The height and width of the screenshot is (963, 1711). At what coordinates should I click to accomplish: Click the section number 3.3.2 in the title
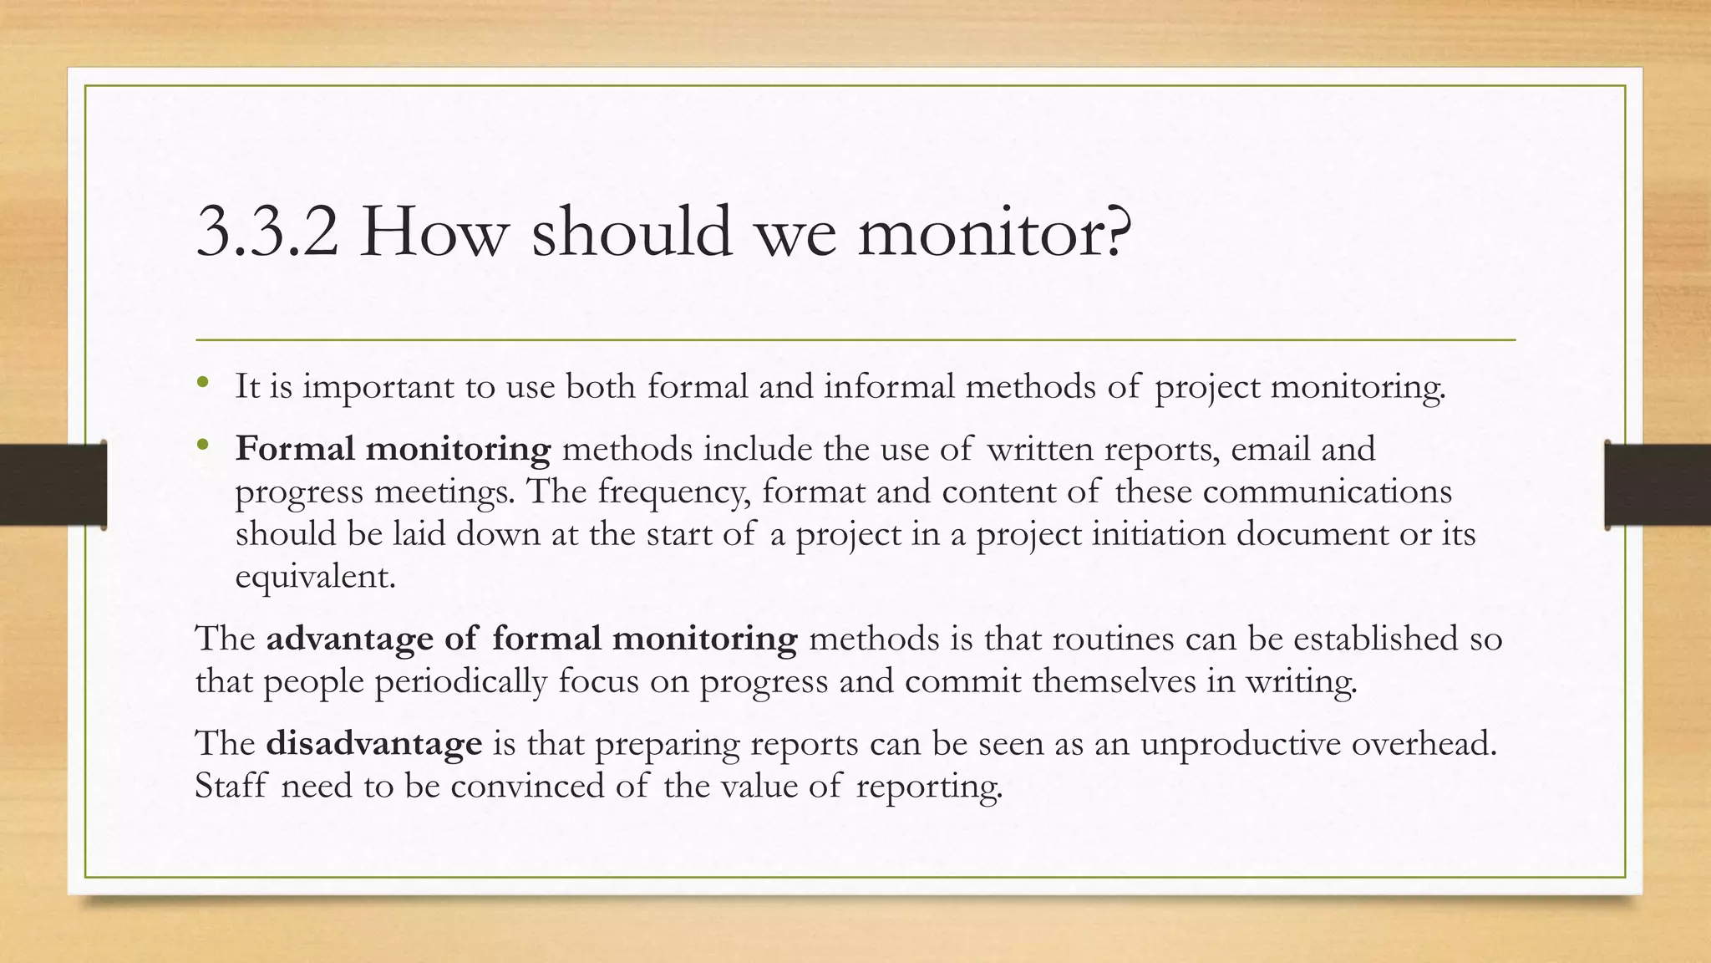point(267,232)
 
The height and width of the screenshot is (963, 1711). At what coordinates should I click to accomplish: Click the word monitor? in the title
point(994,232)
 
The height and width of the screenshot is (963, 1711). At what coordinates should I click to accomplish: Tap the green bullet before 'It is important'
point(202,384)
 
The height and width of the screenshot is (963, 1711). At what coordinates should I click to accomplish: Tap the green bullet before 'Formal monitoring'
point(202,446)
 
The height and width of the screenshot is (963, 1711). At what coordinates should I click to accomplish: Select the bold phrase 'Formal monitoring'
point(393,450)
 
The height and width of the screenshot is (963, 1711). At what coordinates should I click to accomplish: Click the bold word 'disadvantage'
point(373,744)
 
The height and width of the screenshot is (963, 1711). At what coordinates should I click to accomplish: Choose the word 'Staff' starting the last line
point(231,786)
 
